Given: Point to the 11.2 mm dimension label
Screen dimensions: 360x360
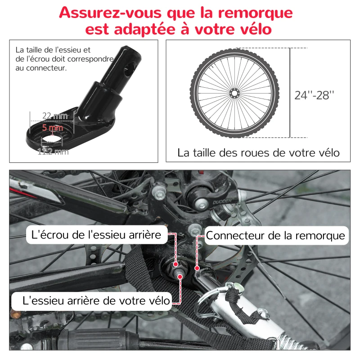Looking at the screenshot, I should coord(53,152).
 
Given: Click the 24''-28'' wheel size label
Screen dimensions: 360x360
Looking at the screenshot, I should coord(315,95).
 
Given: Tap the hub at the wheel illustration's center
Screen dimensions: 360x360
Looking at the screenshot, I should coord(234,93).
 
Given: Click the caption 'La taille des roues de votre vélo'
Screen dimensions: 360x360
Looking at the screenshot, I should coord(258,153).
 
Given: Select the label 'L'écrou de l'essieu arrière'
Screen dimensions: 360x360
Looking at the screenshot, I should coord(96,234).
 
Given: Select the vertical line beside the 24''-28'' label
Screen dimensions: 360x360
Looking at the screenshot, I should coord(289,92).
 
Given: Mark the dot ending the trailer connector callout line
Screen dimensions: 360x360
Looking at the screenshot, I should coord(197,268).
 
